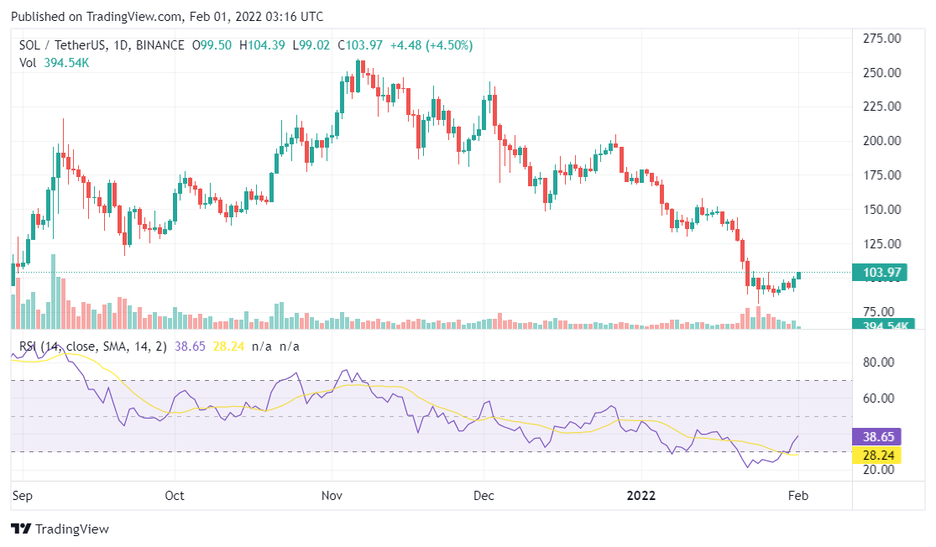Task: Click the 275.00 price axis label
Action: (882, 38)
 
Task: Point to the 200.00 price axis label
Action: (882, 141)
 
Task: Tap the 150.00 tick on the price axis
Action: (882, 210)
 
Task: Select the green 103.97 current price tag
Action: (882, 273)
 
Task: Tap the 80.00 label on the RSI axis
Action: (879, 362)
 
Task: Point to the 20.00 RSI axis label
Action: (879, 470)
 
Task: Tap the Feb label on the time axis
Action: (798, 496)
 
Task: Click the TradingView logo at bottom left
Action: (60, 529)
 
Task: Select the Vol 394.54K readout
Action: (55, 63)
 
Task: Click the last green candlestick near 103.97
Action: (799, 275)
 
